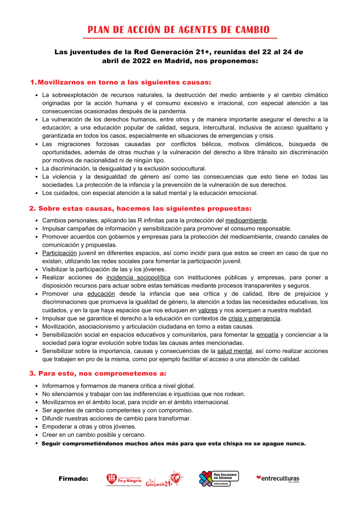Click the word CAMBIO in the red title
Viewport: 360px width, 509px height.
point(249,30)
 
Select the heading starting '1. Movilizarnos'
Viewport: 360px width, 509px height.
point(120,82)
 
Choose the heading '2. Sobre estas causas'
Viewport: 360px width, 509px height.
point(140,208)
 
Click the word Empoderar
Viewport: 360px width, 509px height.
point(57,427)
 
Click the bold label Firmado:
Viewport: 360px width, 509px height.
point(74,479)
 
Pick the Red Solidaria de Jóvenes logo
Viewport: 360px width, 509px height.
point(219,479)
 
